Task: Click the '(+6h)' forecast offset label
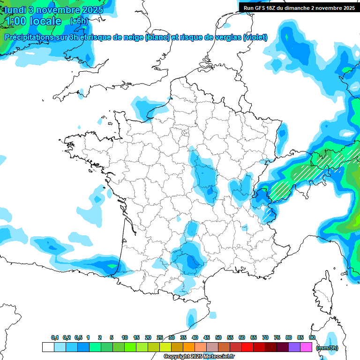78,21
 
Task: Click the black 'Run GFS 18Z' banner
299,7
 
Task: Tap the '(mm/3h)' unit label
327,347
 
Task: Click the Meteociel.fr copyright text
199,357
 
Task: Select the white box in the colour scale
48,347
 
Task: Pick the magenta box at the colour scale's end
306,347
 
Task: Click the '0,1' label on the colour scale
54,338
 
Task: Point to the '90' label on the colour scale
312,338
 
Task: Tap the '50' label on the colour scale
218,338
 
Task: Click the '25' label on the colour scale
160,338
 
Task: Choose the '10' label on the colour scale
125,338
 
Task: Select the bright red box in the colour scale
247,347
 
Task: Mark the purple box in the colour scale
294,347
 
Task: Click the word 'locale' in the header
45,21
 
